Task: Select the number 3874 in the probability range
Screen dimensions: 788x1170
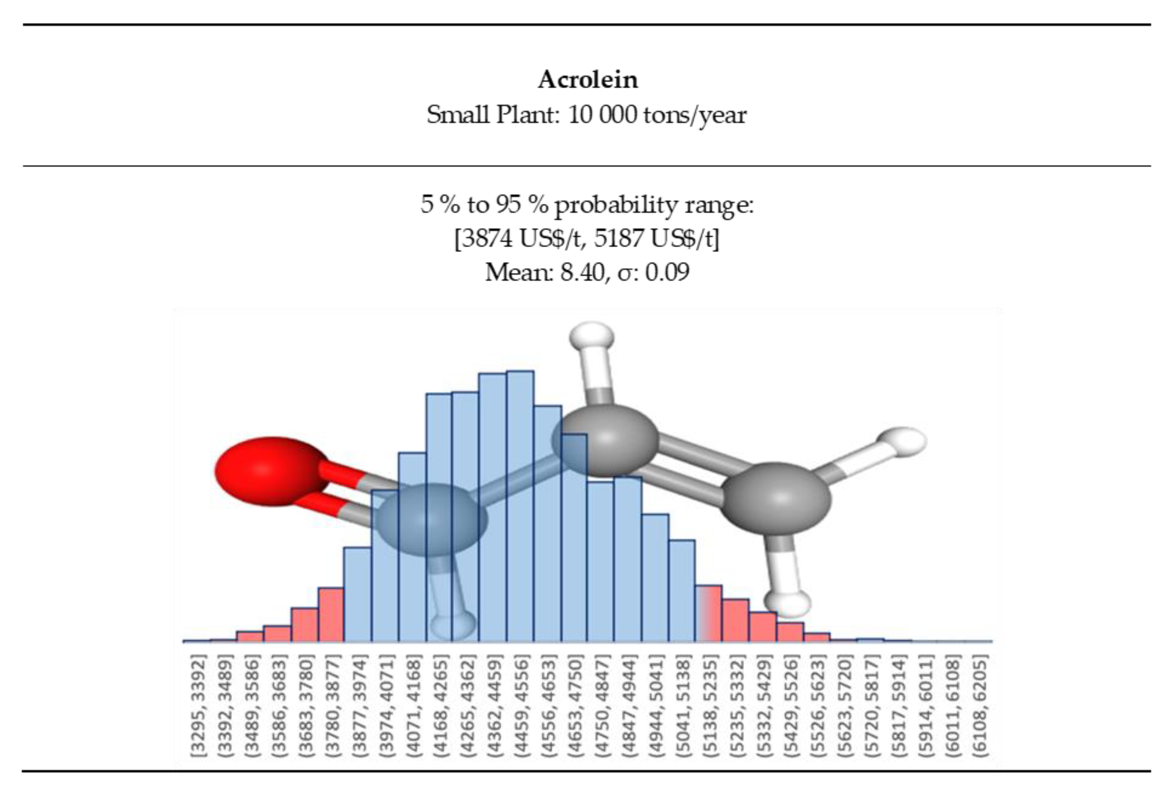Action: pyautogui.click(x=486, y=238)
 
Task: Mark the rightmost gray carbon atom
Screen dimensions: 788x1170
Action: pyautogui.click(x=776, y=498)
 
